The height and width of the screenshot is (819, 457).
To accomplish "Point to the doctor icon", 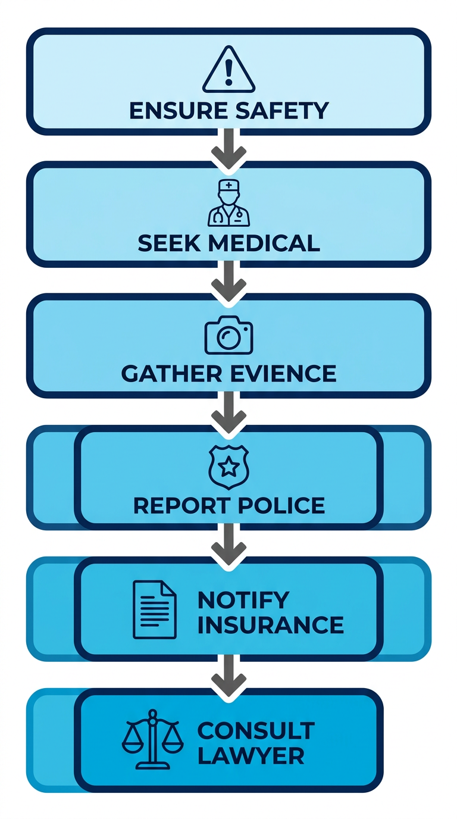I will click(x=228, y=204).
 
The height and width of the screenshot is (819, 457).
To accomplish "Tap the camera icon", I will click(x=228, y=335).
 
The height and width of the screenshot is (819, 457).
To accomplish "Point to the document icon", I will click(x=154, y=609).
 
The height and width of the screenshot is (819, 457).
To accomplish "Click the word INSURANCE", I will click(x=271, y=625).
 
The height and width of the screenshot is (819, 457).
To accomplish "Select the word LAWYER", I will click(x=251, y=756).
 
